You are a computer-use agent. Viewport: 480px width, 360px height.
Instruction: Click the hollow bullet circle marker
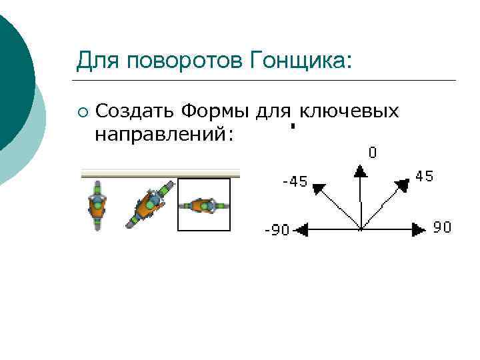pyautogui.click(x=82, y=111)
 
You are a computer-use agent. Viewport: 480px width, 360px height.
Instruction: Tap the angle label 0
pyautogui.click(x=372, y=153)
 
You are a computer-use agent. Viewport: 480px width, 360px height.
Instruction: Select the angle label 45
pyautogui.click(x=424, y=177)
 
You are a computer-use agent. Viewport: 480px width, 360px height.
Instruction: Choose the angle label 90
pyautogui.click(x=442, y=227)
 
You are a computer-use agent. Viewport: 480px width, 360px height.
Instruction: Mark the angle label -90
pyautogui.click(x=277, y=231)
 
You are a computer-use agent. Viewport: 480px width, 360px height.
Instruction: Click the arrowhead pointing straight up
pyautogui.click(x=360, y=172)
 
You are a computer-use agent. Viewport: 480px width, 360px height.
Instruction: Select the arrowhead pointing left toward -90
pyautogui.click(x=301, y=230)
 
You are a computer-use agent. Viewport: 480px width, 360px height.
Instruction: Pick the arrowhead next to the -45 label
pyautogui.click(x=318, y=188)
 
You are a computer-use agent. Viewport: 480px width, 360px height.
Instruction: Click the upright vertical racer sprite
pyautogui.click(x=98, y=205)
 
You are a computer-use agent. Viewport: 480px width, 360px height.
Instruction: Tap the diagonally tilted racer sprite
pyautogui.click(x=150, y=204)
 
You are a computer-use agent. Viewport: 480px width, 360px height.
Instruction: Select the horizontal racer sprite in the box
pyautogui.click(x=204, y=205)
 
